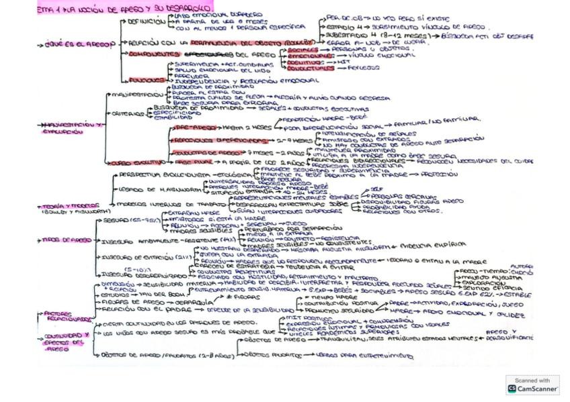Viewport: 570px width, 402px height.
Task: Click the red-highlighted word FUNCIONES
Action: (145, 79)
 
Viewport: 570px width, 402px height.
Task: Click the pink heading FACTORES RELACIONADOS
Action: (66, 315)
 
